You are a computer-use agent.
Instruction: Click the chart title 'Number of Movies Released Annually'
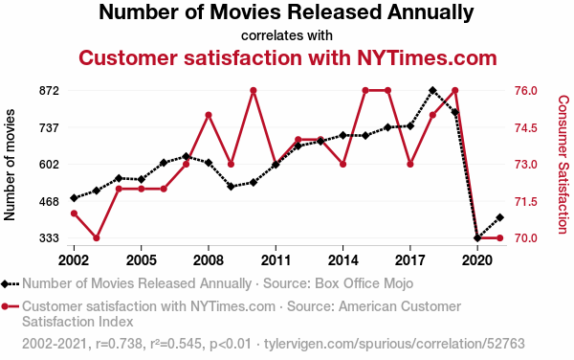coord(286,12)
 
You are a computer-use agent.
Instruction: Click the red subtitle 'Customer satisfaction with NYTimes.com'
coord(288,57)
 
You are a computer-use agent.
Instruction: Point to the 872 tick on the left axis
coord(49,90)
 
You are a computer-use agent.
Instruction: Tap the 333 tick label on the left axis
coord(49,238)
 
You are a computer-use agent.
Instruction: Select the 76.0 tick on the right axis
coord(526,90)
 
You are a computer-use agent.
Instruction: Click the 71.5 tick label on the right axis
coord(526,201)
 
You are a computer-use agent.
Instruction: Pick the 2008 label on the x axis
coord(208,260)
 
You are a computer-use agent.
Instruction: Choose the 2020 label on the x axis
coord(477,260)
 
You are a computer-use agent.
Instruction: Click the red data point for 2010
coord(253,90)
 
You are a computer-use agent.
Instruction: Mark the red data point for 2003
coord(97,238)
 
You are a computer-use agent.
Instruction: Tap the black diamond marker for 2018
coord(432,90)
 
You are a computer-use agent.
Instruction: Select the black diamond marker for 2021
coord(499,217)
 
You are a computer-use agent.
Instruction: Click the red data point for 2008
coord(209,115)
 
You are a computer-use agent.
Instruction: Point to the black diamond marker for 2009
coord(231,187)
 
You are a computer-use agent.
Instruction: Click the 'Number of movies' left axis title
coord(10,165)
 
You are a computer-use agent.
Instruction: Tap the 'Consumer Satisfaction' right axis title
coord(563,165)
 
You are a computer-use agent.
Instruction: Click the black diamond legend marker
coord(5,283)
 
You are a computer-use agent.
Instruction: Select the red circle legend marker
coord(5,306)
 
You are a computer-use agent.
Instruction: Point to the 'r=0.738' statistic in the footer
coord(119,344)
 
